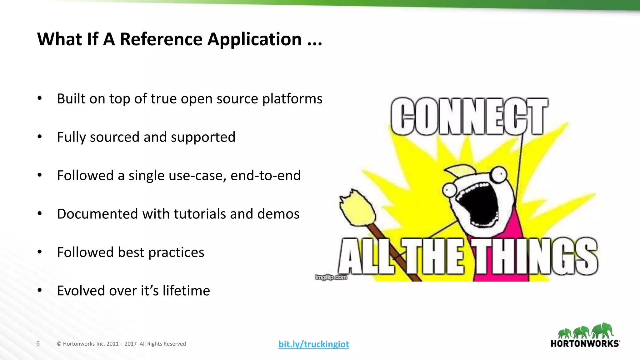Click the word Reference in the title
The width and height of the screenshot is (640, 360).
pos(161,39)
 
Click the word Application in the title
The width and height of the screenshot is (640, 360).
pos(254,39)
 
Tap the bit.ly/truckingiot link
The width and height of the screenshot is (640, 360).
pos(314,344)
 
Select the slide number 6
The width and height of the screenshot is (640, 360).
pos(38,343)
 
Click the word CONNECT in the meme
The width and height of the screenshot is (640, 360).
pos(469,116)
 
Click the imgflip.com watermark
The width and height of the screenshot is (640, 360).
pos(331,277)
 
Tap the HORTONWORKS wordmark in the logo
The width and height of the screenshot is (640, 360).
pos(585,344)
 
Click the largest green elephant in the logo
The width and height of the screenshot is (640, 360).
pos(603,330)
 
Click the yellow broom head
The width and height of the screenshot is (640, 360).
pos(358,208)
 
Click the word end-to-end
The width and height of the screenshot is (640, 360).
pos(265,175)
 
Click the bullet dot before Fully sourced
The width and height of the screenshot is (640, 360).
pos(39,137)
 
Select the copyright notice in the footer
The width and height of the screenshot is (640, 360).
pos(121,344)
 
